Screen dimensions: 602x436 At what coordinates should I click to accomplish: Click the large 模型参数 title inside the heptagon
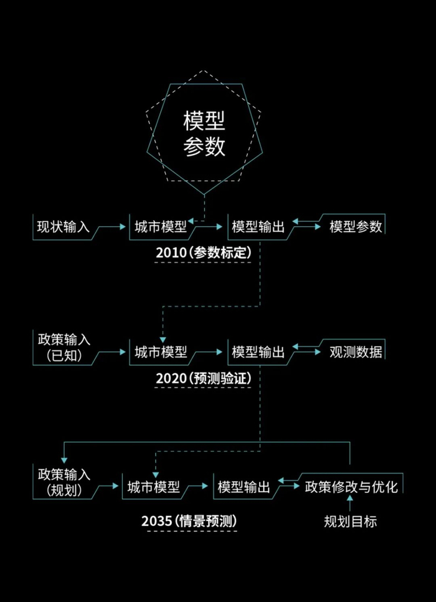click(204, 133)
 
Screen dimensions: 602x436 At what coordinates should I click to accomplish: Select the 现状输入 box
click(63, 227)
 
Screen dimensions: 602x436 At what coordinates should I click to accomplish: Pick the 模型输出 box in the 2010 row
click(257, 227)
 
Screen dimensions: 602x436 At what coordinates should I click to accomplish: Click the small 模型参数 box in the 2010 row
click(356, 227)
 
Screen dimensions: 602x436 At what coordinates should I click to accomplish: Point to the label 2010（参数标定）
click(204, 253)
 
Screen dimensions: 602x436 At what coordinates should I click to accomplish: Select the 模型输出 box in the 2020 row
click(257, 352)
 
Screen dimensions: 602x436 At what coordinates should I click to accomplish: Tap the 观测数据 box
click(356, 352)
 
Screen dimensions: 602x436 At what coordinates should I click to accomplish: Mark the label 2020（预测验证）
click(204, 378)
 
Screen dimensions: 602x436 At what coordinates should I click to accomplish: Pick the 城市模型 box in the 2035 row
click(153, 487)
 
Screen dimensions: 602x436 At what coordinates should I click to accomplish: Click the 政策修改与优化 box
click(351, 487)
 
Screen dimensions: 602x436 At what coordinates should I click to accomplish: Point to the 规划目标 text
click(350, 522)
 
